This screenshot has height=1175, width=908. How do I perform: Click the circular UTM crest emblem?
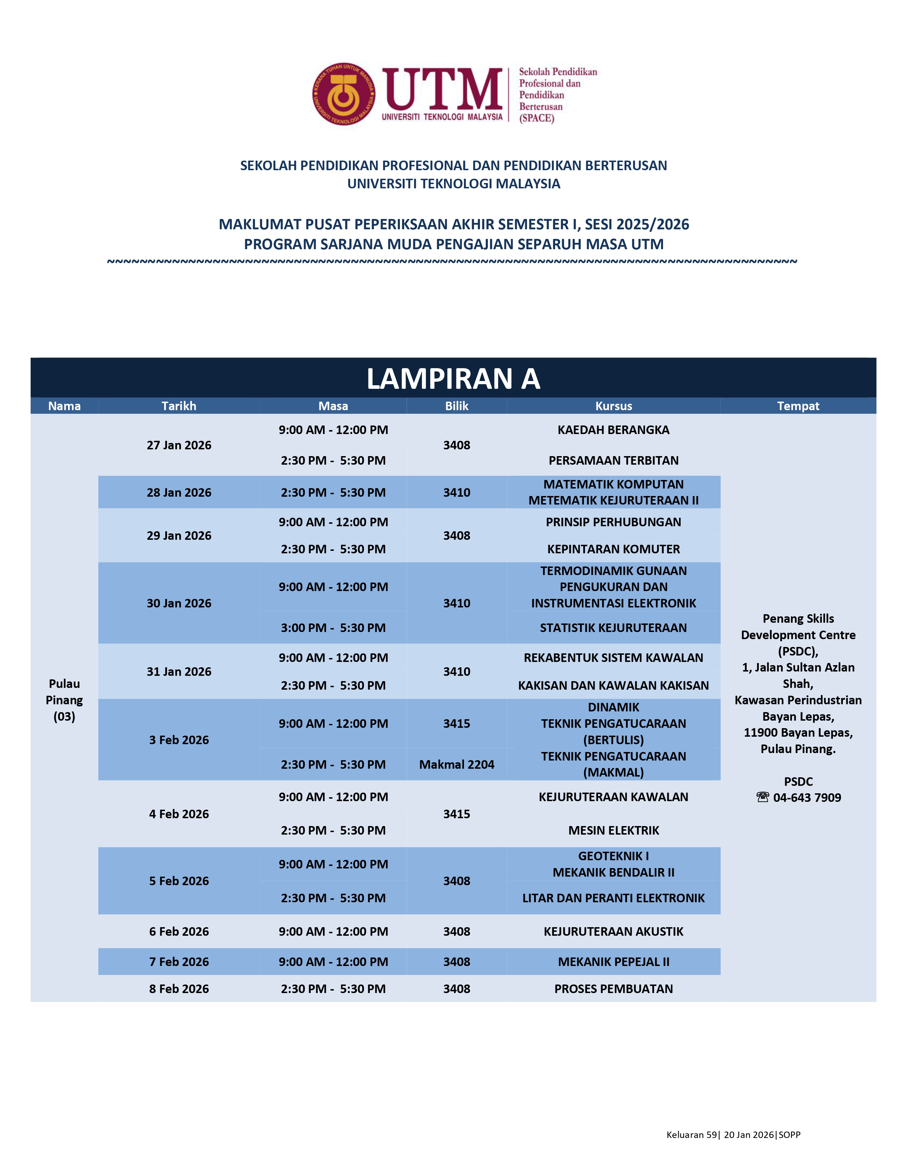(344, 94)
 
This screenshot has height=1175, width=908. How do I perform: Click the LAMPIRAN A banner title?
(453, 379)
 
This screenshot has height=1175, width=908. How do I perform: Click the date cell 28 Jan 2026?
(179, 492)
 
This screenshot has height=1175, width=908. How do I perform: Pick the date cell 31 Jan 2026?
(179, 672)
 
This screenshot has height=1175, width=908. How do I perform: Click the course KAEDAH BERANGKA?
(613, 430)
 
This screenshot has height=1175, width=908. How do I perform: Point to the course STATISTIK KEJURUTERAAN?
(613, 628)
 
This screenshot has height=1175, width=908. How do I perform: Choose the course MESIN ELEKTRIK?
(613, 830)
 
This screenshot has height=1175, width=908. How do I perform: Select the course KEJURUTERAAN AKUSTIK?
(613, 931)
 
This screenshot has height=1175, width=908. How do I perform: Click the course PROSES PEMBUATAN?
(613, 988)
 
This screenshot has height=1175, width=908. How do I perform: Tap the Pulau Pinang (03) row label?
(64, 700)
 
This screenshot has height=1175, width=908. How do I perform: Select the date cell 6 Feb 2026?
(179, 931)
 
